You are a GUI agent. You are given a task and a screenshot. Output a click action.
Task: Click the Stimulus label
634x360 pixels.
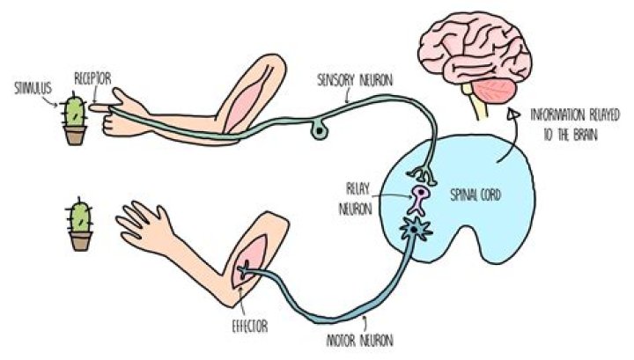coord(33,87)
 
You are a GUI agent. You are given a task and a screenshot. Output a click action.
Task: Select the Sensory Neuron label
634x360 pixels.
coord(355,80)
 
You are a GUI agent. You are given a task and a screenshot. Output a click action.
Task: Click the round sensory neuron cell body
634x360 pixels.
coord(317,132)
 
